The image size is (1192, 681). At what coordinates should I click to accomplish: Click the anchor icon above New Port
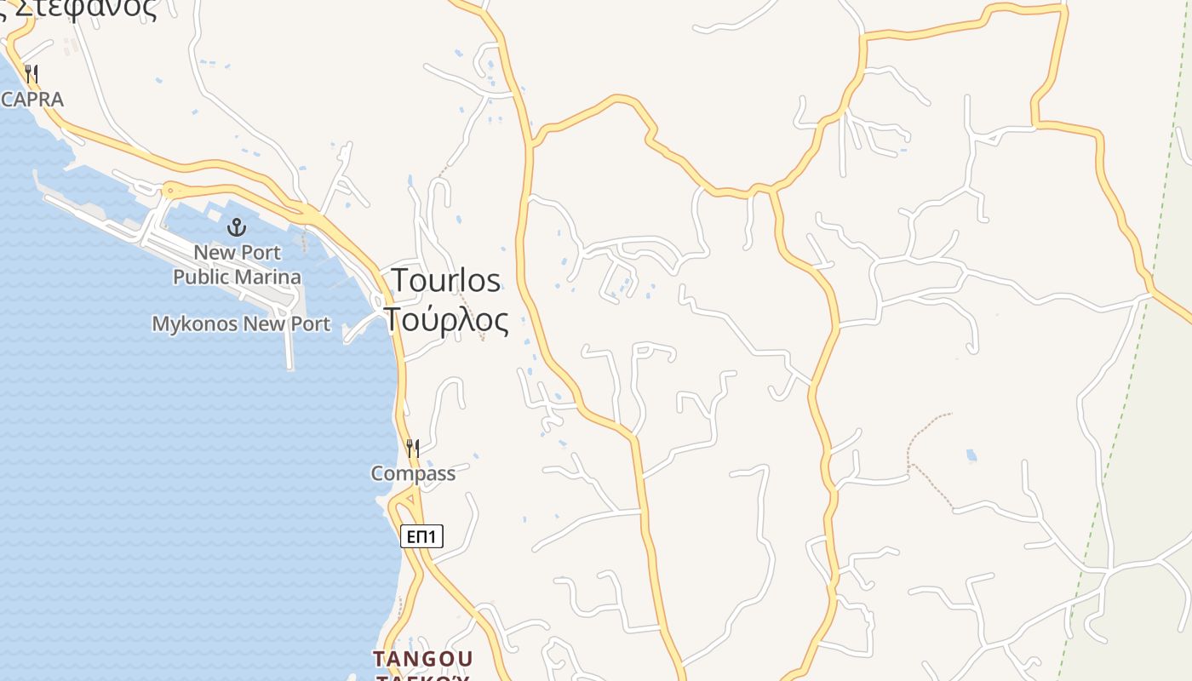pyautogui.click(x=237, y=227)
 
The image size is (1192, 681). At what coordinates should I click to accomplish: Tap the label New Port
pyautogui.click(x=237, y=253)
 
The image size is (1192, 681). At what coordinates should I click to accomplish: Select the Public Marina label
pyautogui.click(x=237, y=278)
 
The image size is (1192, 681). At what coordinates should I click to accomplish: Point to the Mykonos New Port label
pyautogui.click(x=241, y=324)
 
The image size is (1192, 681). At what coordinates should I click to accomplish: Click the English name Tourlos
pyautogui.click(x=445, y=281)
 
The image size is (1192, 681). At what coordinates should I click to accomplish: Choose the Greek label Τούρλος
pyautogui.click(x=446, y=321)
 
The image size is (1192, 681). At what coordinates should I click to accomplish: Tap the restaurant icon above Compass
pyautogui.click(x=413, y=449)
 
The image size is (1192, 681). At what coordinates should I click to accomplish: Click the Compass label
pyautogui.click(x=413, y=473)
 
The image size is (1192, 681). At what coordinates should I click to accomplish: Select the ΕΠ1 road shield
pyautogui.click(x=421, y=536)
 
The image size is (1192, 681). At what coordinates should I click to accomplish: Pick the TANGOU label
pyautogui.click(x=422, y=659)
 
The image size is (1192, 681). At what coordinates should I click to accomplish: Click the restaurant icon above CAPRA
pyautogui.click(x=32, y=74)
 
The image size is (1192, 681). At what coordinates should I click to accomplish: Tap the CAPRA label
pyautogui.click(x=32, y=100)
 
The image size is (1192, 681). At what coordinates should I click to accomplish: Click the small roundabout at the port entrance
pyautogui.click(x=169, y=189)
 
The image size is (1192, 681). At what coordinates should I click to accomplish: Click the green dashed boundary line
pyautogui.click(x=1107, y=477)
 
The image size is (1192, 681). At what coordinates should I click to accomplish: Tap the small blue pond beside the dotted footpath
pyautogui.click(x=971, y=455)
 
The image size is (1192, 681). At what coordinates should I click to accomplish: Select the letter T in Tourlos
pyautogui.click(x=398, y=281)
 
